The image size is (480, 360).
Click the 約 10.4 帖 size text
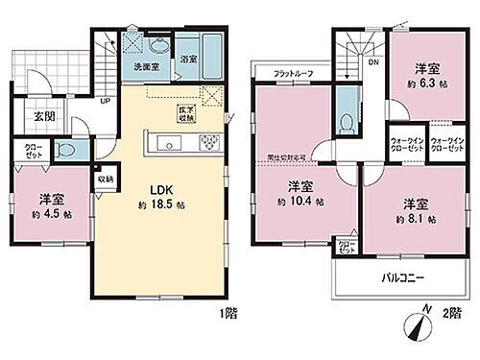300,203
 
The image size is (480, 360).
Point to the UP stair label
104,99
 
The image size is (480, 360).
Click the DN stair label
372,63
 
